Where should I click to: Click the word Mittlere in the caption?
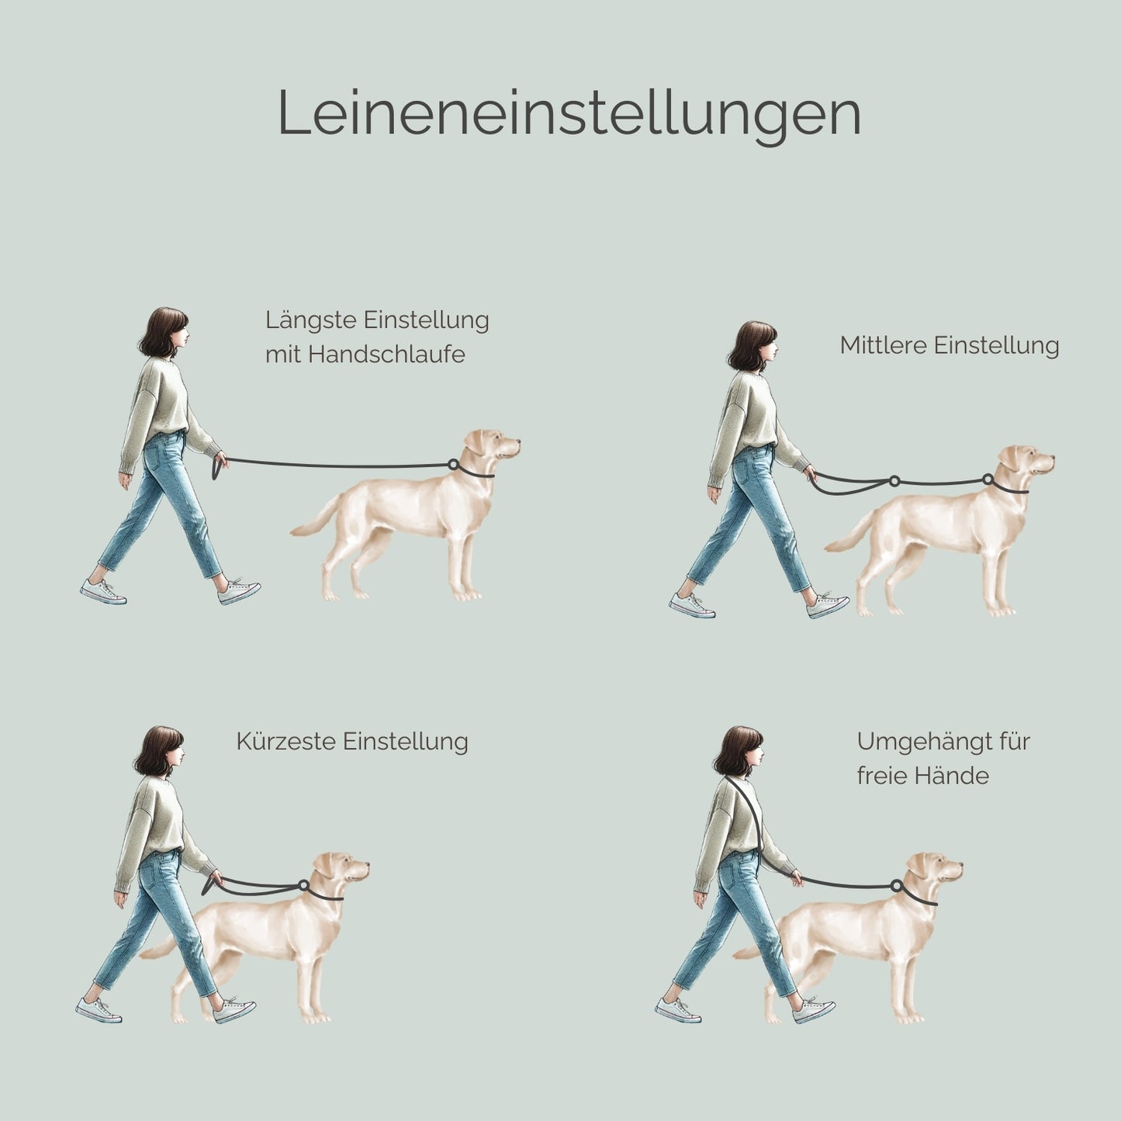pyautogui.click(x=883, y=345)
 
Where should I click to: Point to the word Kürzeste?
pyautogui.click(x=285, y=742)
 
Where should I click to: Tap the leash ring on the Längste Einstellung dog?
pyautogui.click(x=453, y=465)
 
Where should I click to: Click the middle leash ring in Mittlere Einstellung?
pyautogui.click(x=894, y=481)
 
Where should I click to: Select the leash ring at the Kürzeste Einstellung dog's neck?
pyautogui.click(x=303, y=885)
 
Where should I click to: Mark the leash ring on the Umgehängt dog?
pyautogui.click(x=897, y=885)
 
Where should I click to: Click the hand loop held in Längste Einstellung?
pyautogui.click(x=216, y=469)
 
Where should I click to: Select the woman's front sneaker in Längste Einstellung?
pyautogui.click(x=239, y=593)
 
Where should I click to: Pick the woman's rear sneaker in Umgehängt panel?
pyautogui.click(x=677, y=1010)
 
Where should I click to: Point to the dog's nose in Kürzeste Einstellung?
pyautogui.click(x=366, y=865)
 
